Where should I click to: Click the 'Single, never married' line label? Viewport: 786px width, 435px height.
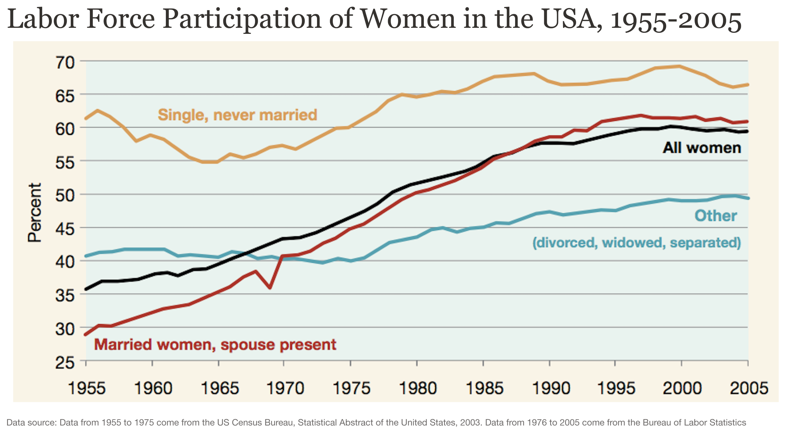coord(237,115)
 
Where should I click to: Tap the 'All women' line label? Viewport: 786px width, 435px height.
coord(702,148)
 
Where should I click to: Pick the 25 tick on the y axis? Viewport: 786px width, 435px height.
coord(65,363)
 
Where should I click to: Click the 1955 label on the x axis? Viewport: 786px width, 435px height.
coord(87,388)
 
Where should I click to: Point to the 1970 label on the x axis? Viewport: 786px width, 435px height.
coord(285,388)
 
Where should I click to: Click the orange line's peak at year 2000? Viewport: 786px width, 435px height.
coord(680,66)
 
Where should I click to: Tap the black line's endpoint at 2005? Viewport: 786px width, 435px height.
coord(747,131)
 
